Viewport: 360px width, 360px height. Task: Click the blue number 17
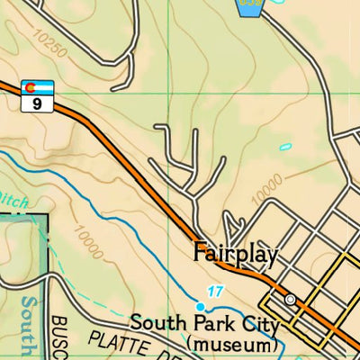point(213,291)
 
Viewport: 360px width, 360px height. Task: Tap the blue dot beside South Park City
point(200,307)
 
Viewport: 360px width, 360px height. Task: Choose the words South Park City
point(203,323)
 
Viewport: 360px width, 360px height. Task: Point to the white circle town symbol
point(290,299)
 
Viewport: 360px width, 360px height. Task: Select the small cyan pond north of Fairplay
point(285,146)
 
